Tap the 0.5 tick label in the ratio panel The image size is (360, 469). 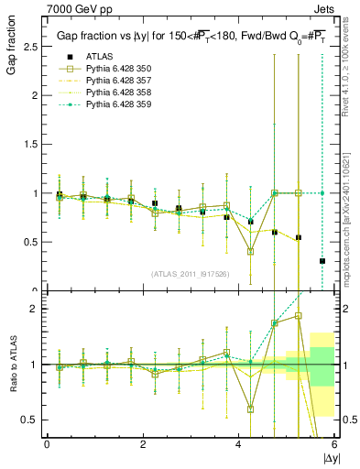pyautogui.click(x=27, y=420)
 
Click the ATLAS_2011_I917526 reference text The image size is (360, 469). pyautogui.click(x=191, y=274)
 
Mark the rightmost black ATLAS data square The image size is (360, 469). pyautogui.click(x=322, y=261)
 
